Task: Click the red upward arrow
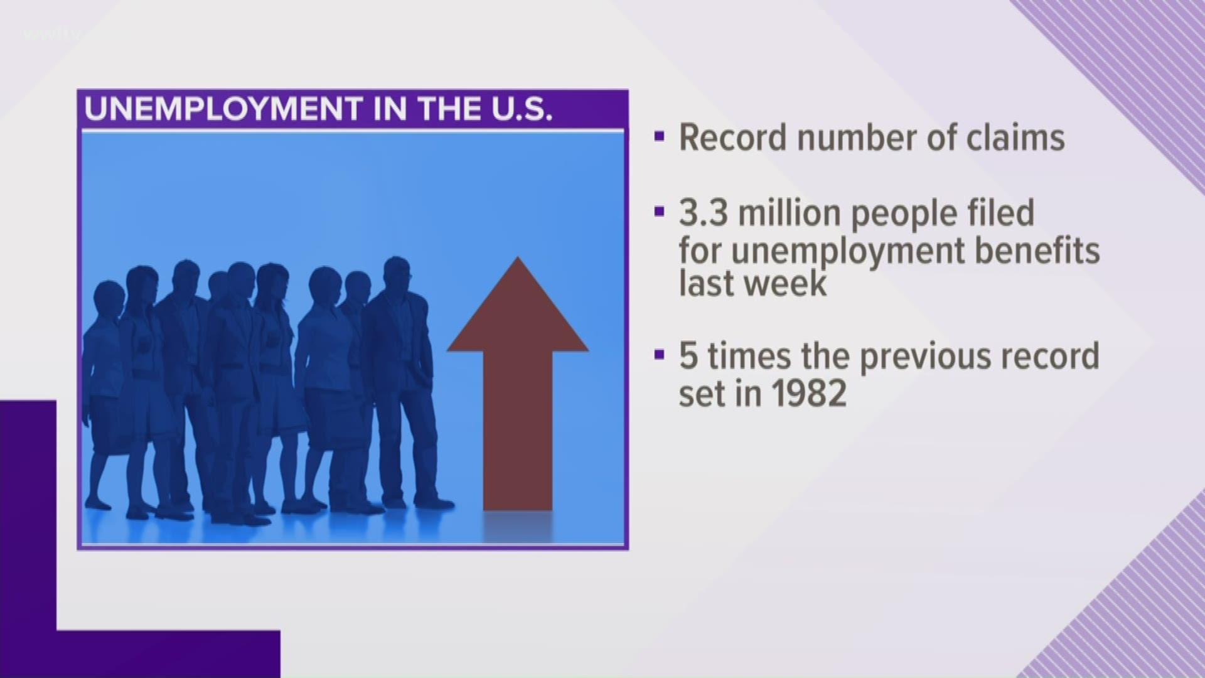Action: pyautogui.click(x=518, y=383)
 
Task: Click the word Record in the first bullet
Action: pyautogui.click(x=732, y=137)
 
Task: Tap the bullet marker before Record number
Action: pyautogui.click(x=658, y=137)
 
